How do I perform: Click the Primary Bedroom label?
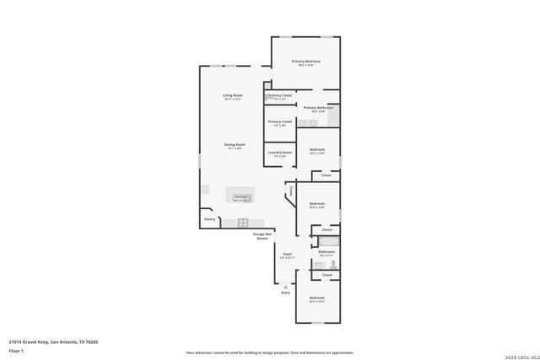pos(305,62)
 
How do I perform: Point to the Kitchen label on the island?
pos(240,196)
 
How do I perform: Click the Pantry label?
pos(209,220)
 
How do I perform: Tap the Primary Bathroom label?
pos(319,108)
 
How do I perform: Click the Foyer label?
pos(287,254)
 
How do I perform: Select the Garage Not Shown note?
pos(262,235)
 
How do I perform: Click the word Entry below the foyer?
pos(285,293)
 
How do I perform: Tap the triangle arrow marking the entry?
pos(285,287)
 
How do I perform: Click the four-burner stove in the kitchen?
pos(243,223)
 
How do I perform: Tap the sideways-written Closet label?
pos(291,191)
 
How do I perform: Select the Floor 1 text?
pos(16,350)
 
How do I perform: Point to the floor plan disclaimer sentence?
pos(270,352)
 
